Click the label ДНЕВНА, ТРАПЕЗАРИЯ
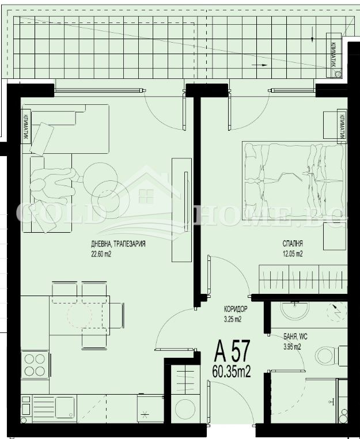pyautogui.click(x=118, y=244)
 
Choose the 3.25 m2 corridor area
pyautogui.click(x=232, y=318)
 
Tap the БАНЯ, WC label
pyautogui.click(x=295, y=336)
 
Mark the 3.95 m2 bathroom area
pyautogui.click(x=292, y=346)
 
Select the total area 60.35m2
pyautogui.click(x=232, y=372)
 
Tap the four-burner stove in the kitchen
pyautogui.click(x=34, y=364)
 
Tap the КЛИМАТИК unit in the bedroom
pyautogui.click(x=341, y=125)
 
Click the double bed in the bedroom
pyautogui.click(x=294, y=178)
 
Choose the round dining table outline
pyautogui.click(x=79, y=315)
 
